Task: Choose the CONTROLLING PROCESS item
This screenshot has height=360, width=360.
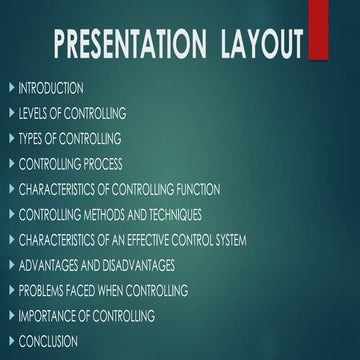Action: click(71, 164)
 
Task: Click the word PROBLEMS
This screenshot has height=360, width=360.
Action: click(44, 291)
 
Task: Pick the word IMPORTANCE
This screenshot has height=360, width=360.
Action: click(48, 316)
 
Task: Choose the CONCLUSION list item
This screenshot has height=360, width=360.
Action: click(48, 341)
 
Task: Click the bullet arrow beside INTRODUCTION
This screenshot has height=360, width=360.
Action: click(10, 88)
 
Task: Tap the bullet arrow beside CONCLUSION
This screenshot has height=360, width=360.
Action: click(10, 341)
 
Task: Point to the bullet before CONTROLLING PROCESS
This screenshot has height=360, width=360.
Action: click(10, 164)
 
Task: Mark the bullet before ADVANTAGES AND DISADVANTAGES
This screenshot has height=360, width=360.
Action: click(10, 265)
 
